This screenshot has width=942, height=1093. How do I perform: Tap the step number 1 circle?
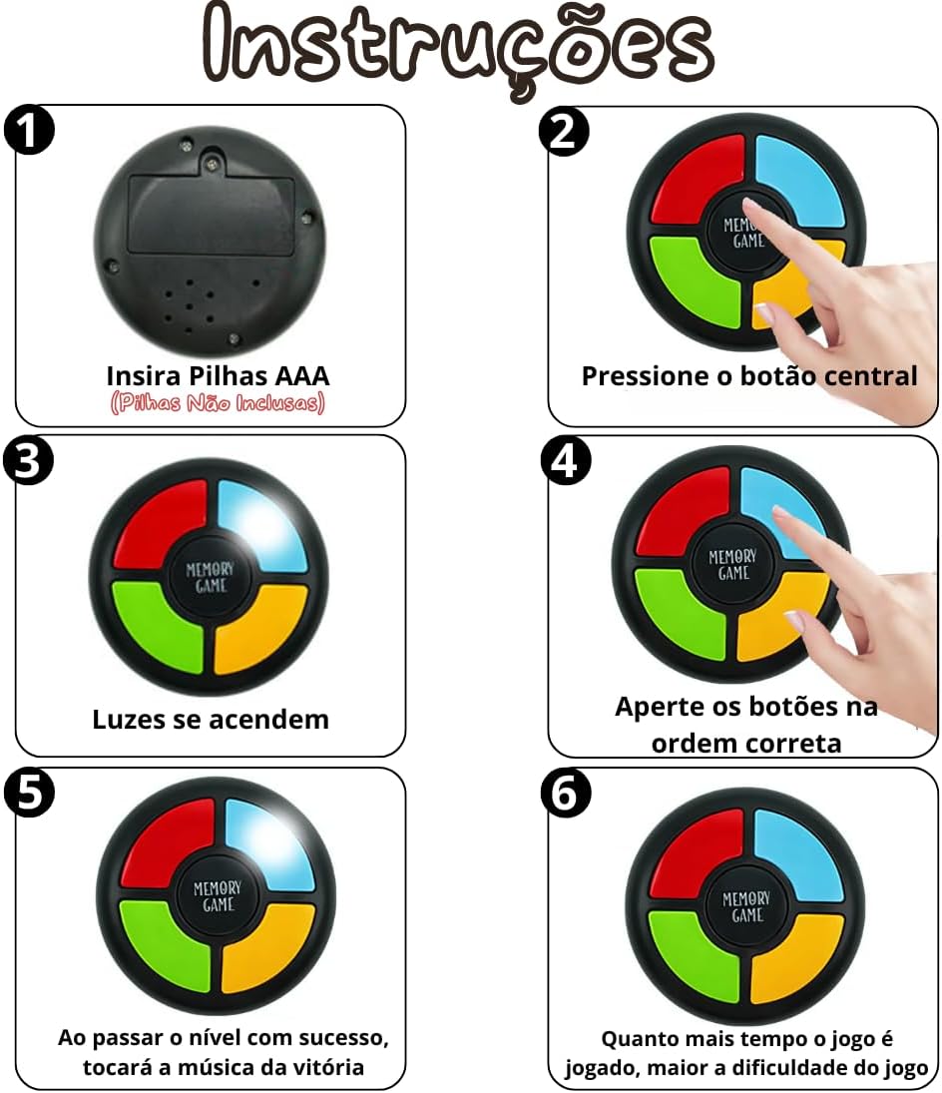pyautogui.click(x=29, y=130)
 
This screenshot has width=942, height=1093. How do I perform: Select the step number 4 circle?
pyautogui.click(x=566, y=460)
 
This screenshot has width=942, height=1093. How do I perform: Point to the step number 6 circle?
pyautogui.click(x=566, y=792)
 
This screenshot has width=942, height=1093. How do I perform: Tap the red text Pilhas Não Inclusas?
pyautogui.click(x=218, y=403)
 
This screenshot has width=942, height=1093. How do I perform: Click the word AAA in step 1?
pyautogui.click(x=301, y=375)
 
